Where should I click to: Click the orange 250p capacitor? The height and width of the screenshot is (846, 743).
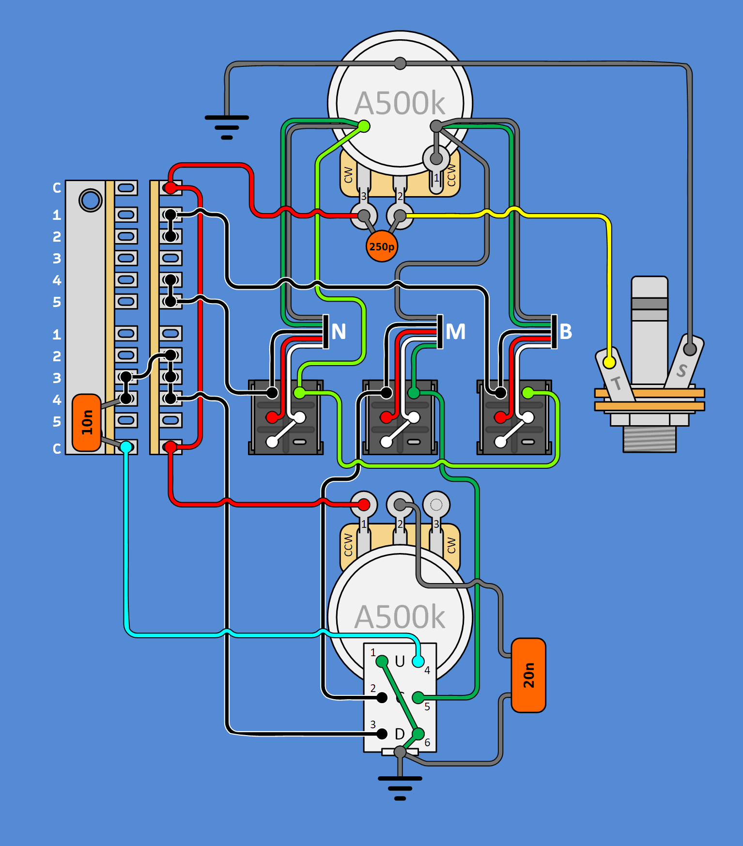pyautogui.click(x=382, y=246)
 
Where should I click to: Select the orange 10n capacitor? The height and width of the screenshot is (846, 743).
pyautogui.click(x=87, y=422)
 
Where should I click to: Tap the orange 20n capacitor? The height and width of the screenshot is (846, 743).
pyautogui.click(x=528, y=675)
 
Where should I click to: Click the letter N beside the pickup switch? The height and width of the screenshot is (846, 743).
pyautogui.click(x=339, y=332)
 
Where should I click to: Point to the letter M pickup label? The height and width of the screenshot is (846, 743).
pyautogui.click(x=455, y=332)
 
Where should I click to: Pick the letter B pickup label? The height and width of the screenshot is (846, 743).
pyautogui.click(x=566, y=332)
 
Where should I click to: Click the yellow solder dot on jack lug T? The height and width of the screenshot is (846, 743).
pyautogui.click(x=609, y=362)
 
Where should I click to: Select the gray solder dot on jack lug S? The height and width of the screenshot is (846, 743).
pyautogui.click(x=690, y=348)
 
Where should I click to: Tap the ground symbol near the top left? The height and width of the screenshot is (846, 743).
pyautogui.click(x=227, y=127)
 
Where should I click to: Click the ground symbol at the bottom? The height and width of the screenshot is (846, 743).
pyautogui.click(x=400, y=787)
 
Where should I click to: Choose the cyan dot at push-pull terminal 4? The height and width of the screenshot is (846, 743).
pyautogui.click(x=418, y=661)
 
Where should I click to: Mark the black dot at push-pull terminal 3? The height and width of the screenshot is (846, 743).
pyautogui.click(x=382, y=734)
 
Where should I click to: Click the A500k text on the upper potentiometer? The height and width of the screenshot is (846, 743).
pyautogui.click(x=400, y=103)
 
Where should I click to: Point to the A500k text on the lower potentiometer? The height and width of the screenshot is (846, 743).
pyautogui.click(x=400, y=617)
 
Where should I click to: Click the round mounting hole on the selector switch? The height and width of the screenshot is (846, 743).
pyautogui.click(x=91, y=200)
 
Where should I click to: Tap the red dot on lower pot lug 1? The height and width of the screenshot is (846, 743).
pyautogui.click(x=364, y=505)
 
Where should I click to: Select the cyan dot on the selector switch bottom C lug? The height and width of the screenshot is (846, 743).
pyautogui.click(x=126, y=446)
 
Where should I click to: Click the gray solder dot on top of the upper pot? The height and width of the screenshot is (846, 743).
pyautogui.click(x=400, y=63)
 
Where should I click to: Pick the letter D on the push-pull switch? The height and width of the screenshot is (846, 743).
pyautogui.click(x=400, y=734)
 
